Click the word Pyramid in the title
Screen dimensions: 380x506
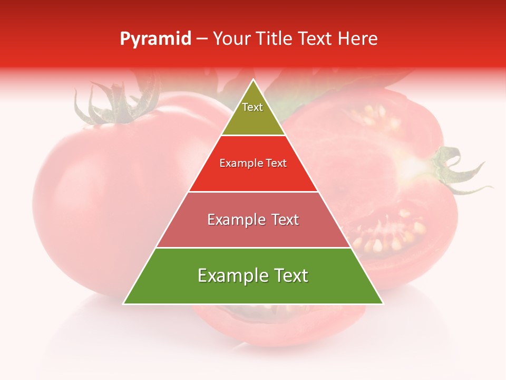[x=155, y=39]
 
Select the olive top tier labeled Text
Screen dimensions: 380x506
[x=252, y=113]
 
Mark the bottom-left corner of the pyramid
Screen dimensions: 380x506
[x=124, y=303]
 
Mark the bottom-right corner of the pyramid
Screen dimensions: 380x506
[x=383, y=303]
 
